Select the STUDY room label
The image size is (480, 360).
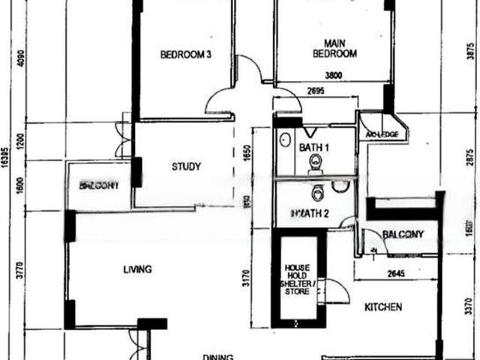185,166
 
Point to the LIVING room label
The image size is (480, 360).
139,269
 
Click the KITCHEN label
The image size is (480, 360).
383,307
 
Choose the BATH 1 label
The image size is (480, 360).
314,148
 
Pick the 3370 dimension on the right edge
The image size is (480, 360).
469,305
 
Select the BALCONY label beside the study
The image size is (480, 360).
99,185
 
